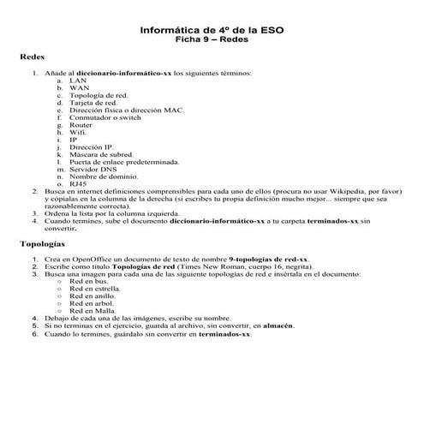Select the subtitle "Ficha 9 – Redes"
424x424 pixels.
click(x=212, y=39)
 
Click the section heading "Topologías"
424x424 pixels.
click(x=43, y=244)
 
